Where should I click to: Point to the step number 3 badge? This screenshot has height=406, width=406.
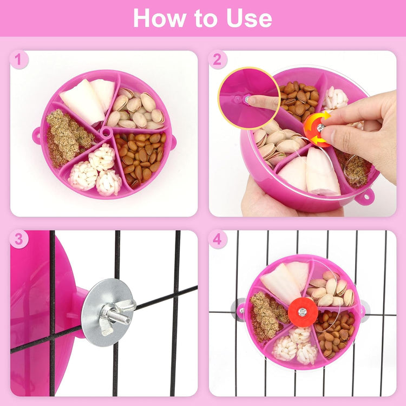click(19, 239)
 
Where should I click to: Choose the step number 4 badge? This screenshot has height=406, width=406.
click(217, 239)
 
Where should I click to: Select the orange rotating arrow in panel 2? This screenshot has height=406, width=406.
click(316, 129)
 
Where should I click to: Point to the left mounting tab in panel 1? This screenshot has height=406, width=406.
click(37, 135)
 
